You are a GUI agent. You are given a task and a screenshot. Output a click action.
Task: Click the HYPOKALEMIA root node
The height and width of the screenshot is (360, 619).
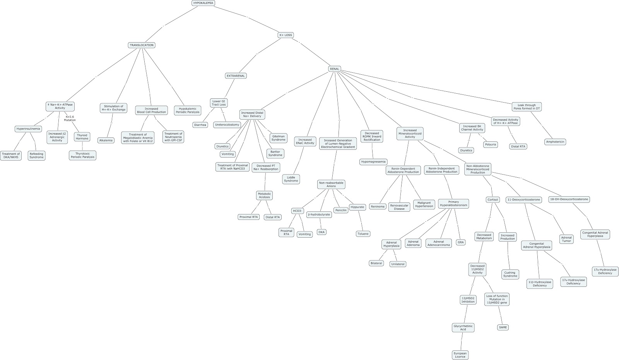click(x=203, y=3)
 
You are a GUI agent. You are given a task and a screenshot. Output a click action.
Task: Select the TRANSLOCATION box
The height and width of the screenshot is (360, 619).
click(x=142, y=45)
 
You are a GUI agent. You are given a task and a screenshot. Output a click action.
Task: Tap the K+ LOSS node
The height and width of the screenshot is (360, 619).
click(x=286, y=35)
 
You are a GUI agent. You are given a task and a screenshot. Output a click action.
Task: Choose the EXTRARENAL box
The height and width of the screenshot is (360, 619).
click(x=236, y=76)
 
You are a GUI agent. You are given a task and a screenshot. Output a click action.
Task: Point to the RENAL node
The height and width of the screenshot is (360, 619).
click(x=334, y=69)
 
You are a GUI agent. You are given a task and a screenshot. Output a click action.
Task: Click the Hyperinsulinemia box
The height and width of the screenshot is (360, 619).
click(x=28, y=129)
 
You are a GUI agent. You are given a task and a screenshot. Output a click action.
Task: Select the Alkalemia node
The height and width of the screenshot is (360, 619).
click(x=106, y=141)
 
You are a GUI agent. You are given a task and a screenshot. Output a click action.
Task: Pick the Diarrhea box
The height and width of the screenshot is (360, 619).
click(x=200, y=125)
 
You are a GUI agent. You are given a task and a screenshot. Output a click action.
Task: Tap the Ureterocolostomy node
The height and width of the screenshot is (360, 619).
click(x=227, y=125)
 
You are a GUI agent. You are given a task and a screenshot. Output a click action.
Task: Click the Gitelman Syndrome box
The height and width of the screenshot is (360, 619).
click(x=278, y=138)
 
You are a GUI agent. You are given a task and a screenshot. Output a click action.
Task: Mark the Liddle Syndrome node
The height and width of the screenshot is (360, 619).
click(x=291, y=179)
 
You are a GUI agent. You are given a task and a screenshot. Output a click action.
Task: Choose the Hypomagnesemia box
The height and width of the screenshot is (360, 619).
click(x=373, y=162)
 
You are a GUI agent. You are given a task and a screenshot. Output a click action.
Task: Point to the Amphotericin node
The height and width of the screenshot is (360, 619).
click(x=555, y=142)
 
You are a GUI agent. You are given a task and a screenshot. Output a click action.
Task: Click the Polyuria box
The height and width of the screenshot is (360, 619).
click(x=491, y=144)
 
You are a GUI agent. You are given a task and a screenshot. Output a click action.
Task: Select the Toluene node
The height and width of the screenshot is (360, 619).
click(x=363, y=234)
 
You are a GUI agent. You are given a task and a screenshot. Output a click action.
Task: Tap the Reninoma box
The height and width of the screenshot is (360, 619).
click(x=378, y=206)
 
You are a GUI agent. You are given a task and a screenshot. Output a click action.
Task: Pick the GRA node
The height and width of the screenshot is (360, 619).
click(x=460, y=242)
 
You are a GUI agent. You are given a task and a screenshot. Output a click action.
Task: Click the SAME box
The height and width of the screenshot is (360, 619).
click(x=503, y=327)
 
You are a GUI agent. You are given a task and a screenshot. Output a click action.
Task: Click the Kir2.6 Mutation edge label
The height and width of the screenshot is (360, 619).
click(x=70, y=118)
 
